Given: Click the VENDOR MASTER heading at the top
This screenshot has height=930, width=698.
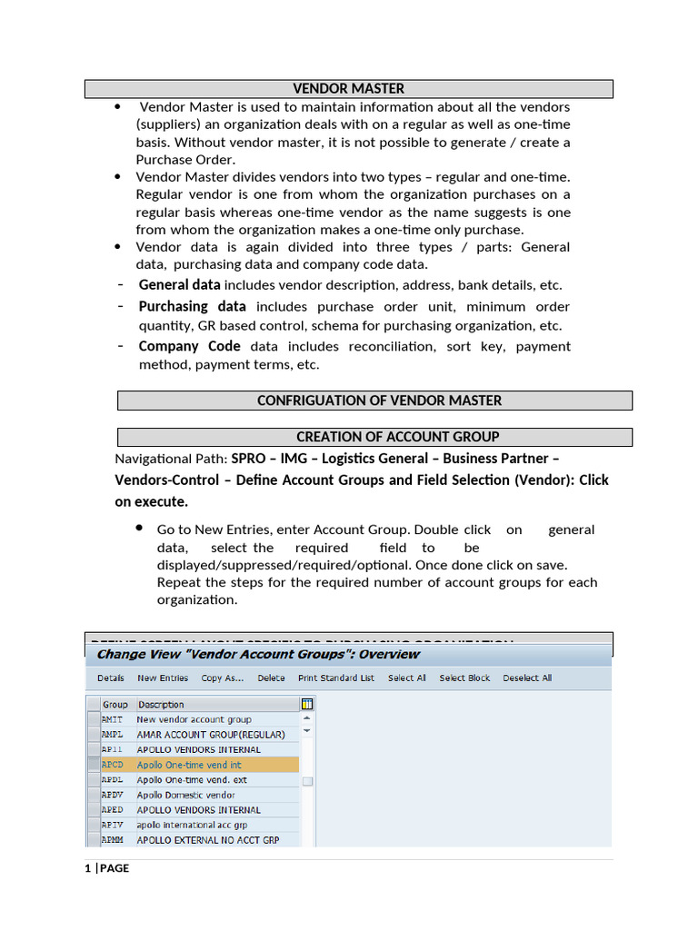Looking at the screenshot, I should pyautogui.click(x=348, y=88).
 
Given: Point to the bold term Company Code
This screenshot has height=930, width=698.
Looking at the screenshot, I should pyautogui.click(x=189, y=346).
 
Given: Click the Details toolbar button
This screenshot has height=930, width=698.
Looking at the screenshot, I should pyautogui.click(x=111, y=678).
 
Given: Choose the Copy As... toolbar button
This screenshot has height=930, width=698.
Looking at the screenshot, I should pyautogui.click(x=223, y=678).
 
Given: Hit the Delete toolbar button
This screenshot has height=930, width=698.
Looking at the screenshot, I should pyautogui.click(x=271, y=678).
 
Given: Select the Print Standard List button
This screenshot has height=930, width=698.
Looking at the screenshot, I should pyautogui.click(x=335, y=678).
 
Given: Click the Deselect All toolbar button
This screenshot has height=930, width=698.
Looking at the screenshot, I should pyautogui.click(x=527, y=678).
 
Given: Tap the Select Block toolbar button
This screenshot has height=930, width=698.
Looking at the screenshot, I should pyautogui.click(x=464, y=678).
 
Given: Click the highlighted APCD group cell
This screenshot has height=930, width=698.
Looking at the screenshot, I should pyautogui.click(x=112, y=765).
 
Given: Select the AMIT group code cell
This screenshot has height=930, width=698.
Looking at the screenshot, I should pyautogui.click(x=112, y=719).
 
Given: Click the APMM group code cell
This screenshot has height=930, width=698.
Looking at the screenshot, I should pyautogui.click(x=112, y=840).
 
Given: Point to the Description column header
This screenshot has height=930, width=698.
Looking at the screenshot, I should pyautogui.click(x=161, y=704).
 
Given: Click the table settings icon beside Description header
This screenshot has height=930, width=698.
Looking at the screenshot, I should pyautogui.click(x=307, y=704).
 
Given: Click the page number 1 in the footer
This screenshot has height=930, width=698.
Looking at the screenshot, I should pyautogui.click(x=87, y=868).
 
